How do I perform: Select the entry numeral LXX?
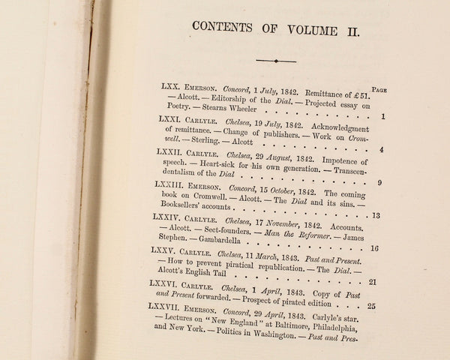click(x=172, y=88)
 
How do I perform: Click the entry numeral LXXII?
click(x=172, y=151)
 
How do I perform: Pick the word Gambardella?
click(x=208, y=249)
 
